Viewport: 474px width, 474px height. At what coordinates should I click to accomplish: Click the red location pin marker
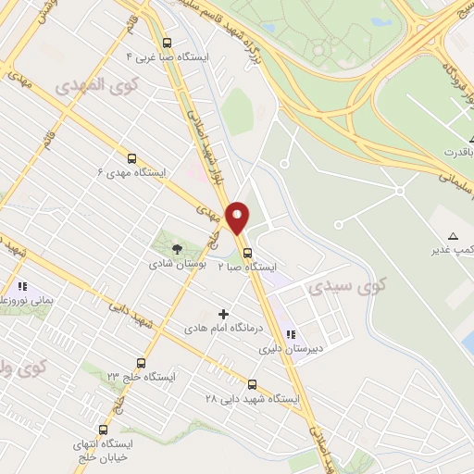tap(238, 217)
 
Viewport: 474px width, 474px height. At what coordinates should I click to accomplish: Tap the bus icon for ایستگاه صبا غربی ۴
tap(167, 43)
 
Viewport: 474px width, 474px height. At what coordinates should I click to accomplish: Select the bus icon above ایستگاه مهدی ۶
tap(131, 158)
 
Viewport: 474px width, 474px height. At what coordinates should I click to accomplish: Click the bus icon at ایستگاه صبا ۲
tap(247, 252)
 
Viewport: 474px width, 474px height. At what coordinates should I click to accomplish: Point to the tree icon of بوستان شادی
tap(177, 248)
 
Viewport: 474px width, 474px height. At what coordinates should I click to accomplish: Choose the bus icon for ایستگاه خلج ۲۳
tap(141, 362)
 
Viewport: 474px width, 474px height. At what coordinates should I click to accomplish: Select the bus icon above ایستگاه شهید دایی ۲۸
tap(252, 383)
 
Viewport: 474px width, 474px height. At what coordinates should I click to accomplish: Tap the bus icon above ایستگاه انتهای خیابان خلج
tap(103, 430)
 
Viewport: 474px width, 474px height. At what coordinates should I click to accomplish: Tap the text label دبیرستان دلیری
tap(281, 350)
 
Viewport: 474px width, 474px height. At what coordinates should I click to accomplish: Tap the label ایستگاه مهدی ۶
tap(131, 173)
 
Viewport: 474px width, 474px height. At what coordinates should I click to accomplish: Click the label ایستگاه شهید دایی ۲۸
tap(252, 398)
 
